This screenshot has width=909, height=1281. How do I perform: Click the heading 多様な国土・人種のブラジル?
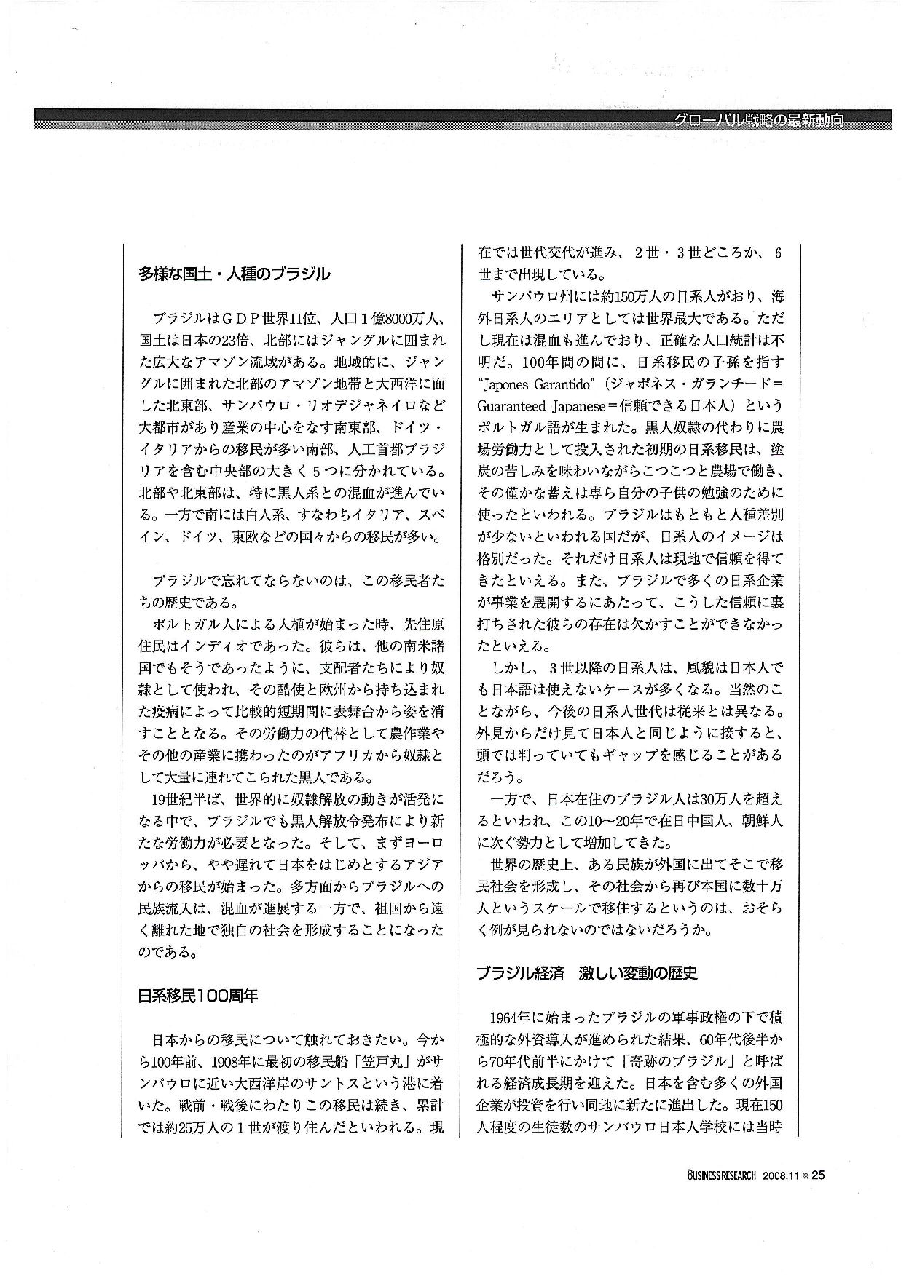coord(234,275)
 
